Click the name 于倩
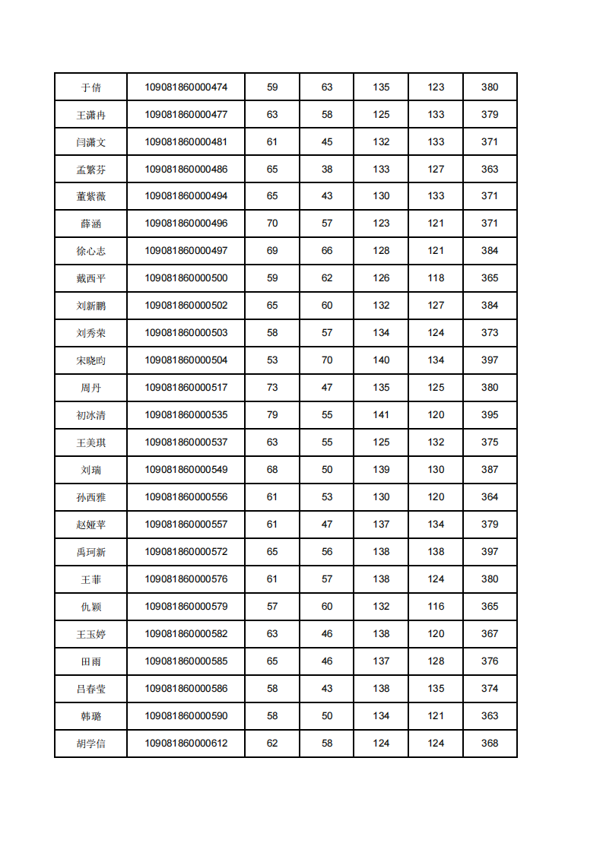click(x=90, y=87)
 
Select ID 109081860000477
click(x=186, y=115)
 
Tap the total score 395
click(x=490, y=415)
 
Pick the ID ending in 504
click(x=186, y=360)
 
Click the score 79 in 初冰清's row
click(x=272, y=415)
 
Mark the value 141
click(x=381, y=415)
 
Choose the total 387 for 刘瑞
click(x=490, y=470)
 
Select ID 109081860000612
click(x=186, y=744)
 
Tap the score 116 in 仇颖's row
click(x=436, y=607)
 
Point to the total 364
click(x=490, y=497)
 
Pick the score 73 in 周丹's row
click(x=272, y=388)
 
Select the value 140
click(x=381, y=360)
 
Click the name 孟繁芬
click(x=90, y=170)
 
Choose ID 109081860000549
click(x=186, y=470)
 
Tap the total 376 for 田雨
click(x=490, y=661)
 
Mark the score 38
click(x=327, y=170)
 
